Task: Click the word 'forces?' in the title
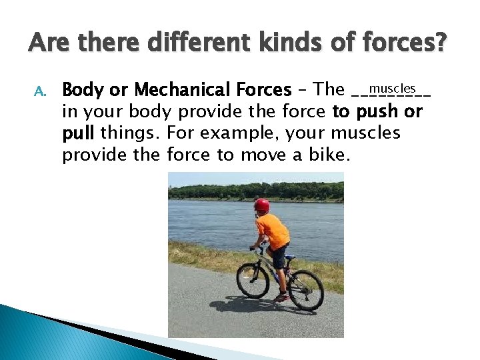pyautogui.click(x=407, y=44)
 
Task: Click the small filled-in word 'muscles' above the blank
pyautogui.click(x=393, y=88)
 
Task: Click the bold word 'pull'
pyautogui.click(x=79, y=133)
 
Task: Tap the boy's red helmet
pyautogui.click(x=262, y=205)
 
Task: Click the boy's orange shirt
pyautogui.click(x=273, y=230)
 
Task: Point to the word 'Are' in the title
pyautogui.click(x=49, y=44)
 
